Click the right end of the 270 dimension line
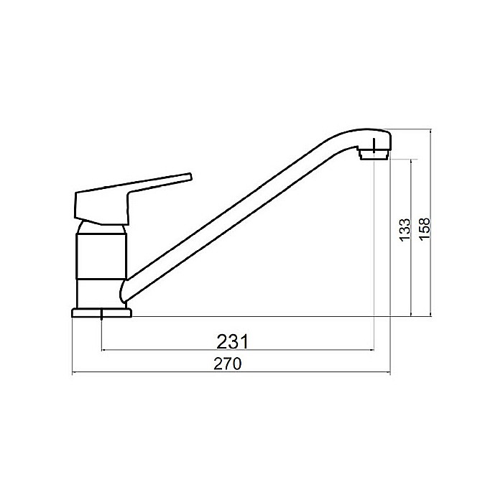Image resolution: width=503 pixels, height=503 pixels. pyautogui.click(x=389, y=374)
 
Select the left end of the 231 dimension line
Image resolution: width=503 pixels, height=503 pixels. pyautogui.click(x=103, y=350)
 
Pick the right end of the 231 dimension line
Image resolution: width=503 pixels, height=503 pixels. pyautogui.click(x=374, y=350)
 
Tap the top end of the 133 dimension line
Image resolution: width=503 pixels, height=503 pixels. pyautogui.click(x=410, y=159)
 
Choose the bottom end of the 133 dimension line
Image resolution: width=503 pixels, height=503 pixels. pyautogui.click(x=410, y=316)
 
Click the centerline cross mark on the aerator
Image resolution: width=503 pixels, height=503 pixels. pyautogui.click(x=374, y=149)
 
